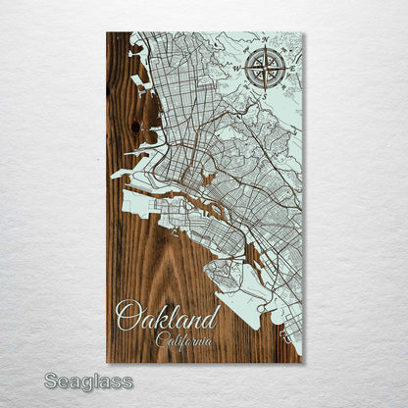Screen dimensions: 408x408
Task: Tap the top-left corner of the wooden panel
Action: (x=107, y=33)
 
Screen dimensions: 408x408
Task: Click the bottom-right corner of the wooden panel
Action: (x=302, y=363)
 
